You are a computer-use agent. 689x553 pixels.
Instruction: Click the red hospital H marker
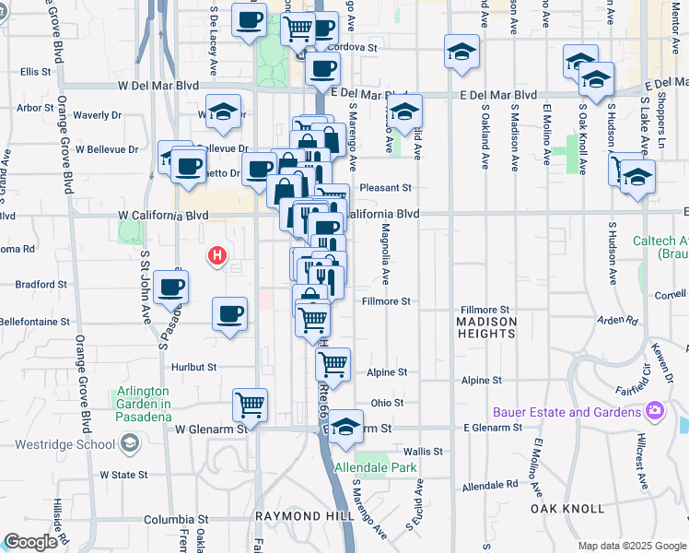point(217,255)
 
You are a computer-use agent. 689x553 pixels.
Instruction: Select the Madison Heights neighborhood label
point(486,327)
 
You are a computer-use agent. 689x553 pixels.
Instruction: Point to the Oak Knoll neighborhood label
point(567,509)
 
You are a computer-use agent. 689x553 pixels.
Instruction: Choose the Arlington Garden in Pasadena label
point(145,404)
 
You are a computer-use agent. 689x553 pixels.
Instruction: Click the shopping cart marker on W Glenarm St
point(250,404)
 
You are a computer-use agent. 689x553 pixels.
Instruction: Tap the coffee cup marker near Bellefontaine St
point(229,313)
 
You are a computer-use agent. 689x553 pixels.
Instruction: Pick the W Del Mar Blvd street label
point(158,86)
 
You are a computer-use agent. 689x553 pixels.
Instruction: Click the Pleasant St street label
point(384,186)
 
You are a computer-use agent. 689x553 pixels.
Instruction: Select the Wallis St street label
point(424,453)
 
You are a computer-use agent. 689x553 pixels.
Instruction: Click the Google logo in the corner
point(30,542)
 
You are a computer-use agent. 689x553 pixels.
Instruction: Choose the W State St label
point(123,475)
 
